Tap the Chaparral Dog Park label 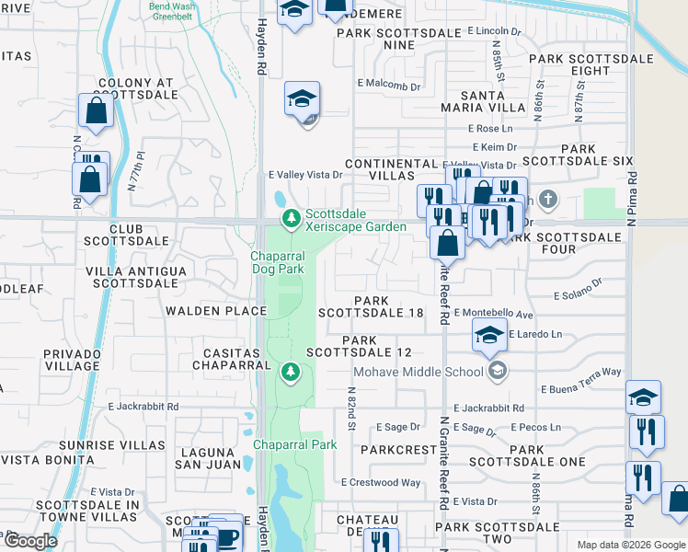click(x=278, y=262)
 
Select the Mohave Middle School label click(x=419, y=372)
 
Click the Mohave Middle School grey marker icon click(x=498, y=371)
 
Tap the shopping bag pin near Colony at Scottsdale click(x=96, y=112)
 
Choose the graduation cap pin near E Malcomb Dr click(x=302, y=99)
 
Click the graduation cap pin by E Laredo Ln click(x=489, y=336)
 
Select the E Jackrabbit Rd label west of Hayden click(x=143, y=406)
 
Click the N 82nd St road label click(x=350, y=408)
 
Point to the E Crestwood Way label click(x=380, y=482)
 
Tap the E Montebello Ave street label click(x=494, y=314)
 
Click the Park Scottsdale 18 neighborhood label click(x=371, y=306)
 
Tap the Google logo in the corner click(x=30, y=541)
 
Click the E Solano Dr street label click(x=577, y=295)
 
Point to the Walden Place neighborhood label click(x=216, y=311)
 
